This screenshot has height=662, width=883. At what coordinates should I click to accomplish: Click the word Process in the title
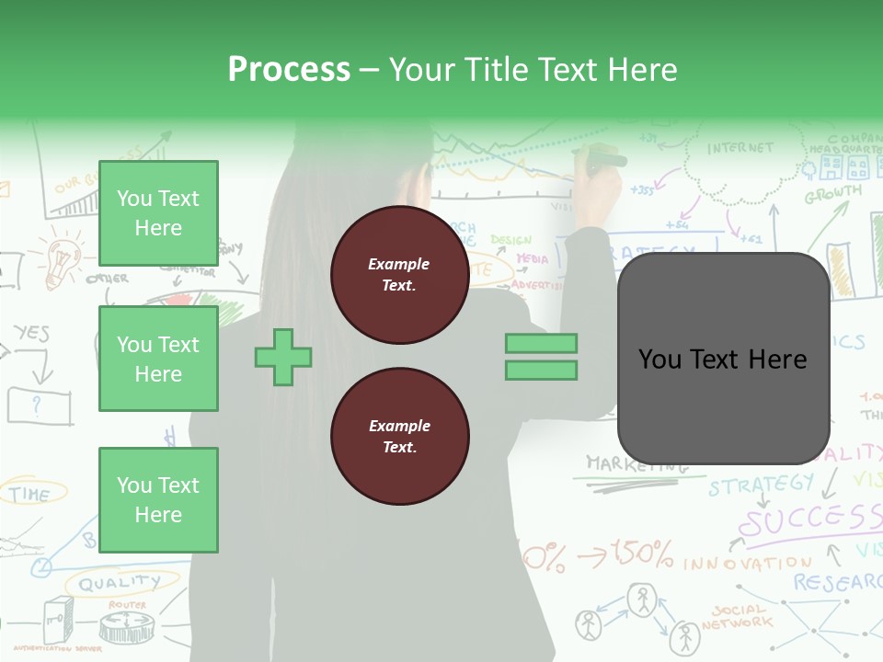pyautogui.click(x=289, y=69)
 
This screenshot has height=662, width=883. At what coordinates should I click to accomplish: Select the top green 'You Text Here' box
pyautogui.click(x=158, y=213)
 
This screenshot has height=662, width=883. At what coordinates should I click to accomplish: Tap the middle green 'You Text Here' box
pyautogui.click(x=158, y=359)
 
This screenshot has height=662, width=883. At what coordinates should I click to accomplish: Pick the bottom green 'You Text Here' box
pyautogui.click(x=158, y=499)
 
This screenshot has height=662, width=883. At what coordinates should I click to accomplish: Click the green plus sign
pyautogui.click(x=283, y=357)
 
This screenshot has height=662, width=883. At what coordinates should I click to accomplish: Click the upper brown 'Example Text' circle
pyautogui.click(x=399, y=275)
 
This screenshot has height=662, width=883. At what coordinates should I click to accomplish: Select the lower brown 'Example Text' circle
pyautogui.click(x=399, y=437)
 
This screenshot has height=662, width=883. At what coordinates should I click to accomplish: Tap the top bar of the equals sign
pyautogui.click(x=541, y=344)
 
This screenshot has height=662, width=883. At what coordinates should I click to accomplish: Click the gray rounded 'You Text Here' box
pyautogui.click(x=723, y=359)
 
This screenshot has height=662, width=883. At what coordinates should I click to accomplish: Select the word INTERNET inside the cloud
pyautogui.click(x=740, y=148)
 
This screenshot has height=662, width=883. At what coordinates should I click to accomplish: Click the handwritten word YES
pyautogui.click(x=31, y=333)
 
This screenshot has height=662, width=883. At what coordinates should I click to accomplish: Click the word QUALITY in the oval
pyautogui.click(x=119, y=583)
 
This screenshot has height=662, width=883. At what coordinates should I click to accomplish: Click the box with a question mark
pyautogui.click(x=39, y=405)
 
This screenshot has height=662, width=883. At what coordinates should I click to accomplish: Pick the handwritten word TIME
pyautogui.click(x=30, y=494)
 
